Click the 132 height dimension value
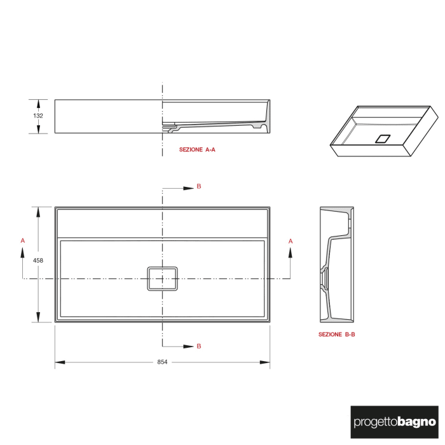pos(38,116)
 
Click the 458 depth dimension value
pos(38,259)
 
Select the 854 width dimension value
pos(162,362)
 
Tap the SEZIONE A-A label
pos(197,150)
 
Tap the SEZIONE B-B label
pos(337,334)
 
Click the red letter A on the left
pos(23,241)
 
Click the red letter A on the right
pos(291,241)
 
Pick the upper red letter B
pos(199,186)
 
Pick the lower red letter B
pos(199,346)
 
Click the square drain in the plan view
pos(162,278)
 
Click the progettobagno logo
pos(394,421)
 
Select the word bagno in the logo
pos(418,421)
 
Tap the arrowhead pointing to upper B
pos(189,188)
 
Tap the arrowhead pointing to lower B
pos(189,346)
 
